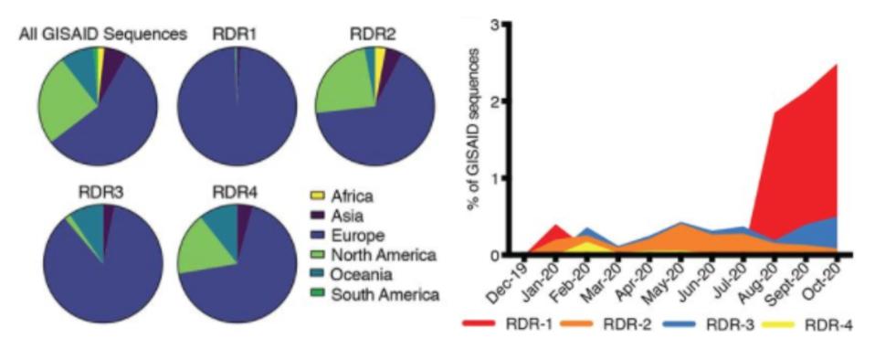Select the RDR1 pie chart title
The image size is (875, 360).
click(x=237, y=35)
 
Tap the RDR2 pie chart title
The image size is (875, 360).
click(x=374, y=35)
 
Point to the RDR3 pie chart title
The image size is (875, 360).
click(x=101, y=192)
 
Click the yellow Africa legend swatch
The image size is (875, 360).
click(x=318, y=196)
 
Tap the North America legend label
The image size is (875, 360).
click(x=384, y=254)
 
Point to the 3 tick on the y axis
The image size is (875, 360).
click(x=493, y=24)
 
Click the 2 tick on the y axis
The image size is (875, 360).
click(x=493, y=101)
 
